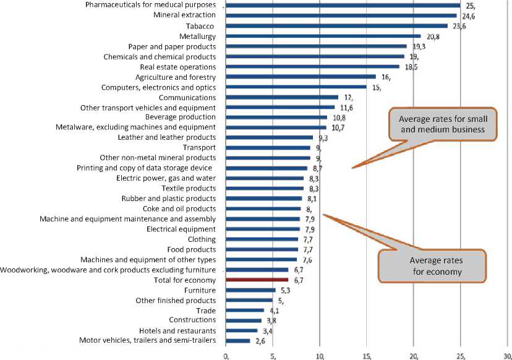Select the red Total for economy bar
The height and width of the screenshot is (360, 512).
[x=257, y=280]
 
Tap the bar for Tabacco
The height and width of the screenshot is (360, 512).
[x=337, y=26]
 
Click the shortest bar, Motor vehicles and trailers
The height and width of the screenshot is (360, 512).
[x=238, y=340]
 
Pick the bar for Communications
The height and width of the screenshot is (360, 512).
[x=282, y=97]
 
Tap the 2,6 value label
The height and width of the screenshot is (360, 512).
[x=260, y=340]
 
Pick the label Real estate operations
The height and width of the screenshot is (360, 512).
[x=178, y=67]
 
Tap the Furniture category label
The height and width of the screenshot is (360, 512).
[x=200, y=290]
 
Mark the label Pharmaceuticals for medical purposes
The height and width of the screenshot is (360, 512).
[x=150, y=6]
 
